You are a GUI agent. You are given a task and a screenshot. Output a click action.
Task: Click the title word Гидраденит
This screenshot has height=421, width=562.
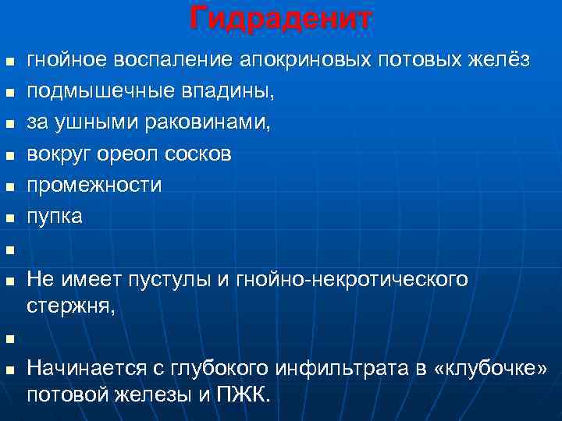click(x=280, y=17)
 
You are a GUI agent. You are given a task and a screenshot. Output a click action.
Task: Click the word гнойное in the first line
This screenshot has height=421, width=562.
click(x=67, y=60)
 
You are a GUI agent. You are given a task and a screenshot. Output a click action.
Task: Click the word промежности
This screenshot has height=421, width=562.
click(x=94, y=186)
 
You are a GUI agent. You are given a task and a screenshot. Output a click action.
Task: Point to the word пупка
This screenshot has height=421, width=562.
click(x=55, y=217)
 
